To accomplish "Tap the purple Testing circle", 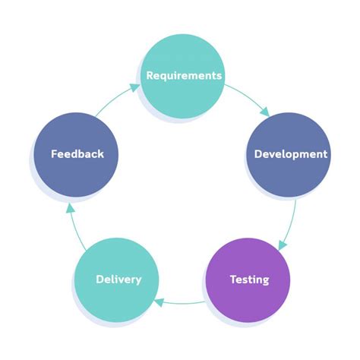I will pyautogui.click(x=248, y=279).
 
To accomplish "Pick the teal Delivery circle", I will pyautogui.click(x=118, y=279).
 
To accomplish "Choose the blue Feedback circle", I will pyautogui.click(x=77, y=154).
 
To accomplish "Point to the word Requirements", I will pyautogui.click(x=184, y=75).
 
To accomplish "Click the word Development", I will pyautogui.click(x=291, y=154).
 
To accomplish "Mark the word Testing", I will pyautogui.click(x=249, y=279).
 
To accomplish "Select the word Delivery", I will pyautogui.click(x=118, y=279).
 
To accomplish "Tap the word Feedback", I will pyautogui.click(x=77, y=154).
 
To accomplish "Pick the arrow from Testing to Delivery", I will pyautogui.click(x=182, y=304).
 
